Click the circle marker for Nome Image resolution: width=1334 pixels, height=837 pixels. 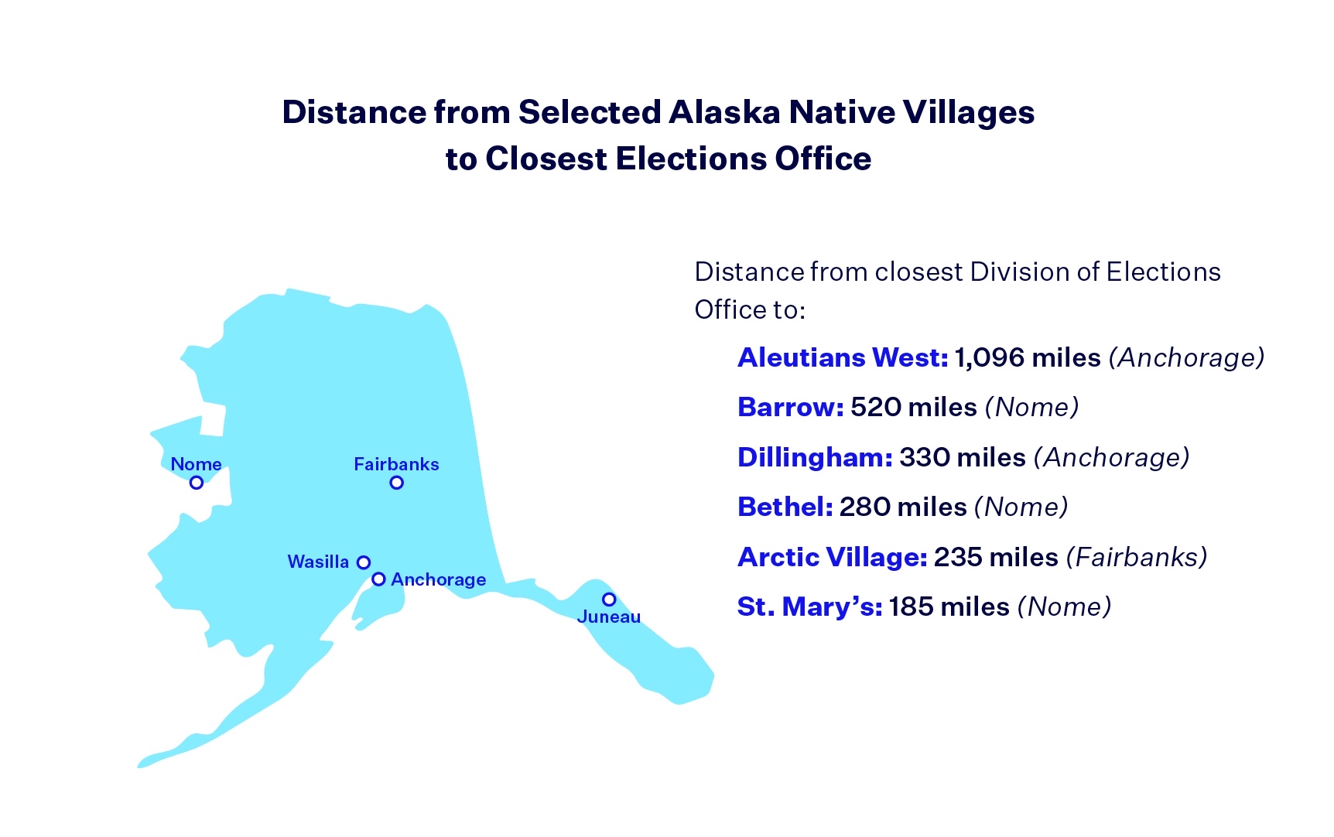click(197, 483)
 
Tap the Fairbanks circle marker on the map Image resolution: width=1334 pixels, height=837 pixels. click(397, 483)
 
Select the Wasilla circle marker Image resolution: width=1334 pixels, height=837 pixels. click(364, 562)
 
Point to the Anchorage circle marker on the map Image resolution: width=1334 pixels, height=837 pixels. click(378, 579)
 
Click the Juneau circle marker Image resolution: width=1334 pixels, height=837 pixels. click(609, 600)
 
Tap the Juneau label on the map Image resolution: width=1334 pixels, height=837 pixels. click(609, 617)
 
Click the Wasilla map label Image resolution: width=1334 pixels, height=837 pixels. click(318, 562)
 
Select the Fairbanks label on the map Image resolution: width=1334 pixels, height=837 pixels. click(396, 464)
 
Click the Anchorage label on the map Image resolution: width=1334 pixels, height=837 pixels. click(439, 579)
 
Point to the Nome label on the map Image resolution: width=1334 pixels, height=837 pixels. click(196, 464)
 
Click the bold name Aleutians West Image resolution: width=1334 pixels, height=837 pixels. click(843, 357)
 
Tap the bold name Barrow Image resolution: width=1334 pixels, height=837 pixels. click(790, 407)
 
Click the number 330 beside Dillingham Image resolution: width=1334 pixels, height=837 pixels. click(924, 457)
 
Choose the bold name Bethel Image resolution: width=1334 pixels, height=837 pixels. click(785, 507)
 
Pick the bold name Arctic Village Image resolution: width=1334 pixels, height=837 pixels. click(832, 557)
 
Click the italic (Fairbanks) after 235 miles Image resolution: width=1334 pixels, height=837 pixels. click(1136, 557)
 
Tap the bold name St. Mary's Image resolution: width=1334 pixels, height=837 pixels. click(809, 606)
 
